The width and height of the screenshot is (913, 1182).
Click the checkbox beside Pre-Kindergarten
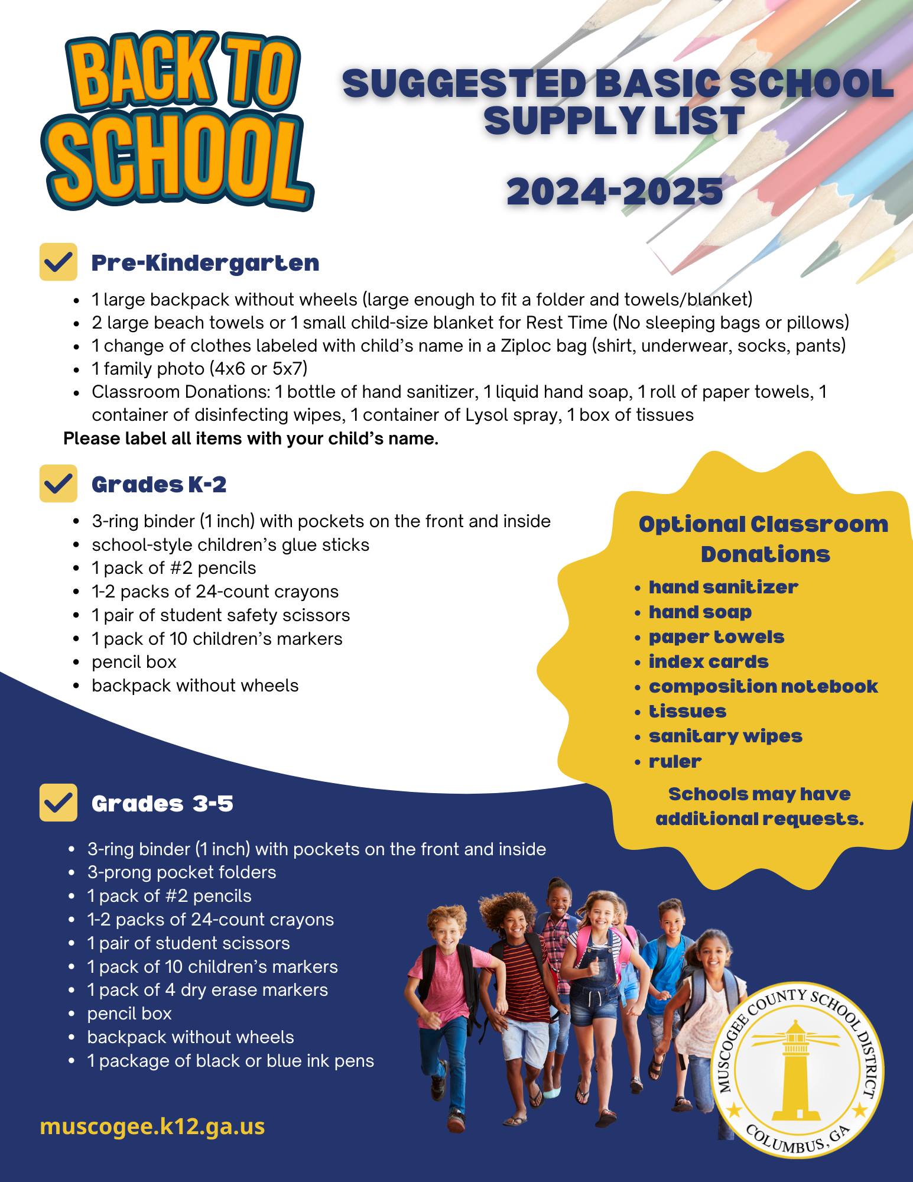click(58, 262)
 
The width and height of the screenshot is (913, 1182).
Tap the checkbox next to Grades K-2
click(58, 483)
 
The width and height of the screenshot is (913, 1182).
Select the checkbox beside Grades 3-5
click(58, 803)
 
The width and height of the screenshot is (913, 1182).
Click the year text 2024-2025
click(615, 191)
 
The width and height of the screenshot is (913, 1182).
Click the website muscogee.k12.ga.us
click(152, 1126)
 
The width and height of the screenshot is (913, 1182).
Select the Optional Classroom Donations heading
click(763, 539)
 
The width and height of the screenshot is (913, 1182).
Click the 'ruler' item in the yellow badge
click(675, 761)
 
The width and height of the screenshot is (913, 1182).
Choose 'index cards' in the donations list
click(708, 661)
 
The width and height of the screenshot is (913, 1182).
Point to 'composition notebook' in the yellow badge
click(763, 686)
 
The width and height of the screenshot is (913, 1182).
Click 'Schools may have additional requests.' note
click(759, 806)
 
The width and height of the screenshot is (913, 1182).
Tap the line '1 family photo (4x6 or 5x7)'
click(199, 369)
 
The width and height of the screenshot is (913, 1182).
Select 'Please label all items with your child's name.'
click(251, 439)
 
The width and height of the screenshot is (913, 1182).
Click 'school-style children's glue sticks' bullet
click(230, 544)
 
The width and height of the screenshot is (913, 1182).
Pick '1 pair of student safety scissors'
click(220, 615)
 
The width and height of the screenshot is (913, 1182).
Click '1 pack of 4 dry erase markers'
click(207, 990)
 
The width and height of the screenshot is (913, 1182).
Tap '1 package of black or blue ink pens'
click(230, 1061)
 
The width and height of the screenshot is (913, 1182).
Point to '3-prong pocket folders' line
click(181, 872)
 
